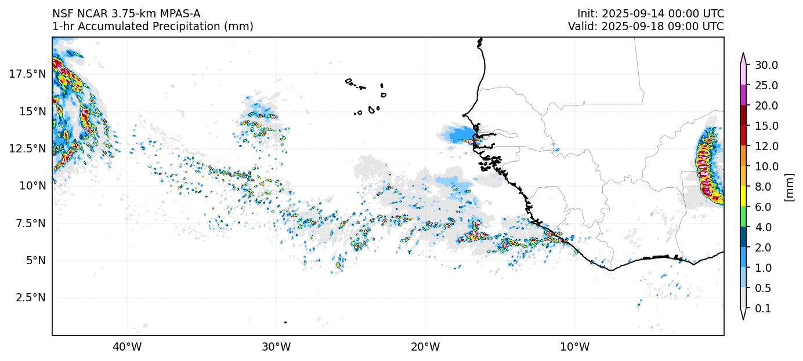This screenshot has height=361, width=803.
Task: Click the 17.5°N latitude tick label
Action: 27,74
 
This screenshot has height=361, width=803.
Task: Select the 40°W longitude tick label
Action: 126,347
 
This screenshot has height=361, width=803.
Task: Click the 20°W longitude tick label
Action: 425,347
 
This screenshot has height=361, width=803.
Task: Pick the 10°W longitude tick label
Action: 575,347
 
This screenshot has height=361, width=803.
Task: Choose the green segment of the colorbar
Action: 743,217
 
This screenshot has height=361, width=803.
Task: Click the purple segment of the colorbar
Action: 743,95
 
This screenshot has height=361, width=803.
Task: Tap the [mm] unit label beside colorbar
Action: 789,187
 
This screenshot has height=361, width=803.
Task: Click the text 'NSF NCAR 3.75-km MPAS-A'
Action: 126,13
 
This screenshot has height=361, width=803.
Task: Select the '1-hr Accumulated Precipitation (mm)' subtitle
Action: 153,26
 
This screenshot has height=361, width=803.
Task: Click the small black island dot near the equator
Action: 285,322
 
